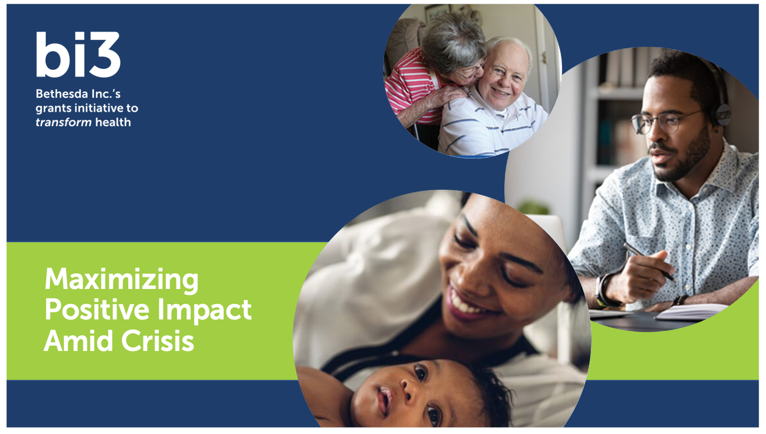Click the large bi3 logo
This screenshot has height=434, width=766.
point(78,55)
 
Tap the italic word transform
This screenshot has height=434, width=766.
point(63,122)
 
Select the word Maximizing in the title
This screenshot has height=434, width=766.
point(121,279)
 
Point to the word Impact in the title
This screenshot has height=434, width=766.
point(205,311)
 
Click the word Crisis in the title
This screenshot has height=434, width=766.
point(158,341)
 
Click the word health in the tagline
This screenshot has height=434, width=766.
point(112,122)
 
